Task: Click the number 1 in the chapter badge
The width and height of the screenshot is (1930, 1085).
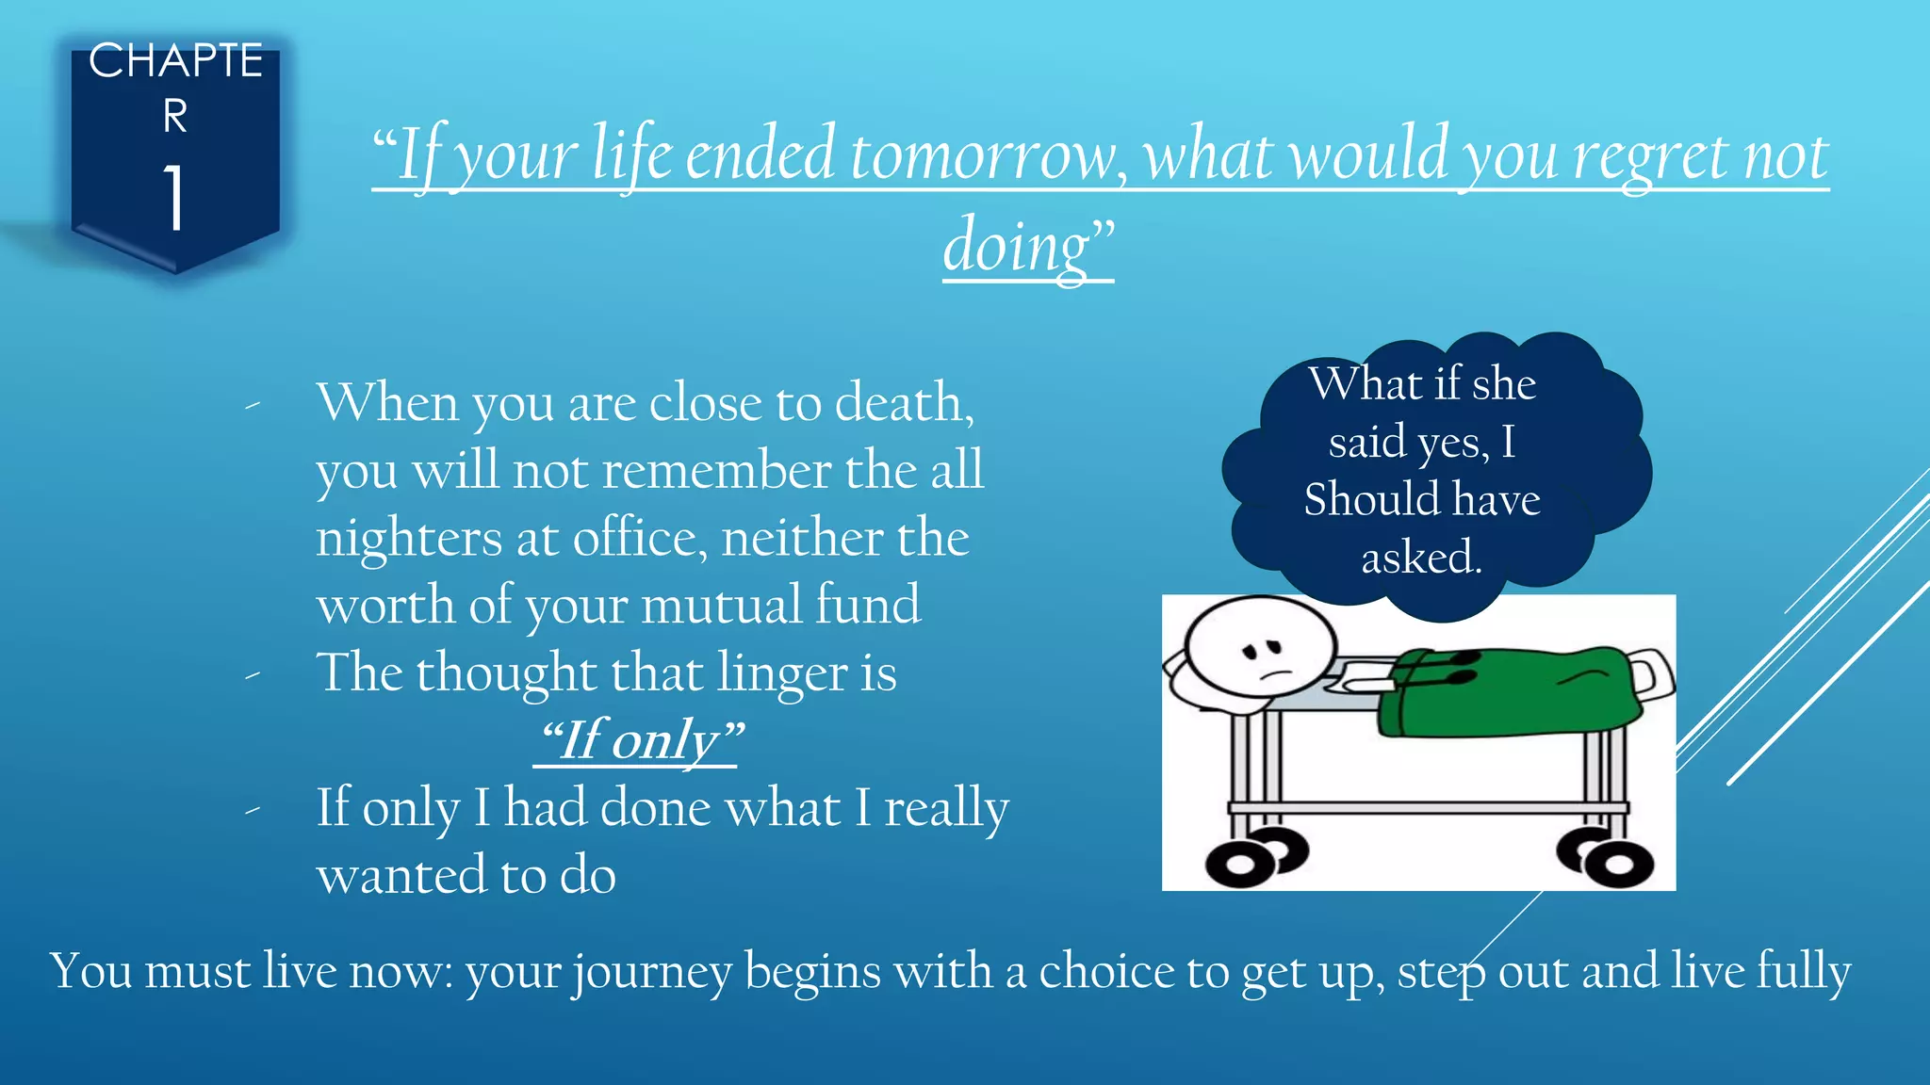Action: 174,197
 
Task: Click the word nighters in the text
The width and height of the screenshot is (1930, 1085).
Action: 409,540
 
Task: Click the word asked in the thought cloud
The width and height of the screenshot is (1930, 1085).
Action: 1420,557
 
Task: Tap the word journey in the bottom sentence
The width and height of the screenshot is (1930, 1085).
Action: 652,972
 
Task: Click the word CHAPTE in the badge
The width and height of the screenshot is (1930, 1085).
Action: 175,61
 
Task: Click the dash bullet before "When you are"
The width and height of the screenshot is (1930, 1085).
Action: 252,406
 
